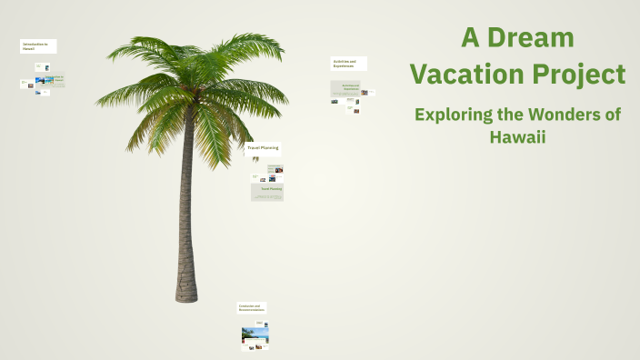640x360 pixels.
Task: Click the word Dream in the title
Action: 532,38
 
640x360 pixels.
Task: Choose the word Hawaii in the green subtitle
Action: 517,137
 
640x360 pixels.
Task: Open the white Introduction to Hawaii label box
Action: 38,46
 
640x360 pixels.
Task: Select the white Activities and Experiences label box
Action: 349,64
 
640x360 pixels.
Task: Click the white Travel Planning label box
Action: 263,147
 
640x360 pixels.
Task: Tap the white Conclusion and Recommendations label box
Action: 252,308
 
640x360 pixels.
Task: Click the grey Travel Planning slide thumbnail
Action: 267,192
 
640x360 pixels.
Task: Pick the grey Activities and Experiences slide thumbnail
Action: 345,88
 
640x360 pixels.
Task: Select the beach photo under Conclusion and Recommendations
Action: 255,335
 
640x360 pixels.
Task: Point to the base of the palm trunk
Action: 186,293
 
